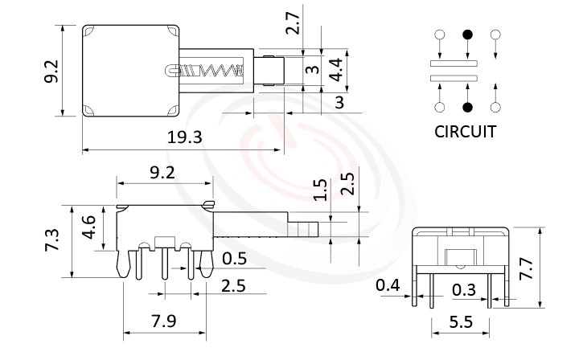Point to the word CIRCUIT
click(x=465, y=131)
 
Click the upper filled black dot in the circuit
click(x=467, y=35)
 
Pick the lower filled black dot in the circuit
click(x=467, y=107)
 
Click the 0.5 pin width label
click(x=234, y=258)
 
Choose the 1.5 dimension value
click(x=320, y=189)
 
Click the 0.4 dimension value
click(x=388, y=285)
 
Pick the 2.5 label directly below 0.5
click(x=233, y=284)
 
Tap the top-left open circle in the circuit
click(x=440, y=35)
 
